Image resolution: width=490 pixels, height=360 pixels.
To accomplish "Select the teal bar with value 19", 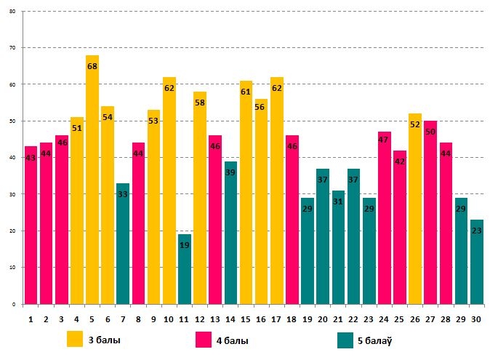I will coord(185,269).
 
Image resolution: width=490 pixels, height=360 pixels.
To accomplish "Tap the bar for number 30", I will coord(476,262).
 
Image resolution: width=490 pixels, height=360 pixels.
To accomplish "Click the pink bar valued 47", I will coord(385,217).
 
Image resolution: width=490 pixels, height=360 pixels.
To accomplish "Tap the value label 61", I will coord(246,92).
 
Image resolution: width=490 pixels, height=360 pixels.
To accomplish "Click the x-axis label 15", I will coord(246,318).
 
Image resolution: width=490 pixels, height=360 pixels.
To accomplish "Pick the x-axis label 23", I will coord(369,318).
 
